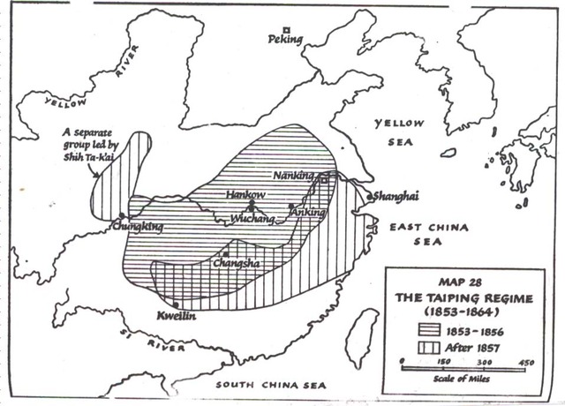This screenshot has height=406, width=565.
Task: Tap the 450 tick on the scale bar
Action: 524,363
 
